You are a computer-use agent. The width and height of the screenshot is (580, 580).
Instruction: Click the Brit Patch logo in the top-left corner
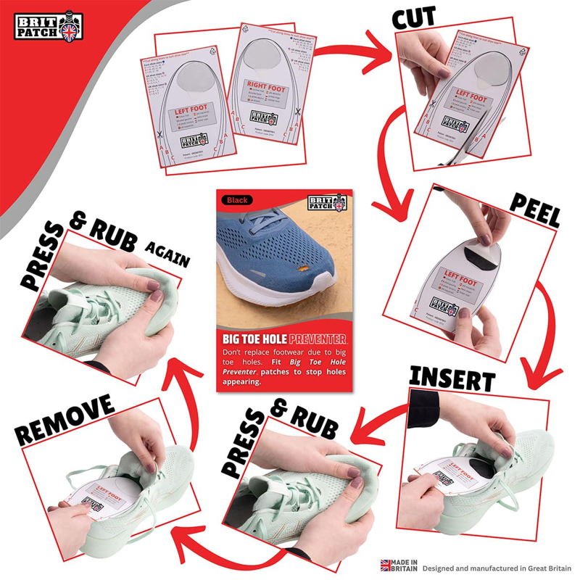[x=50, y=26]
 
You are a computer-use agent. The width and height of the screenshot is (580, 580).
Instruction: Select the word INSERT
[x=452, y=378]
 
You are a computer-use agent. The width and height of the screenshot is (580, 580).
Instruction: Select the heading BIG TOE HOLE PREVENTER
[x=284, y=339]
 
